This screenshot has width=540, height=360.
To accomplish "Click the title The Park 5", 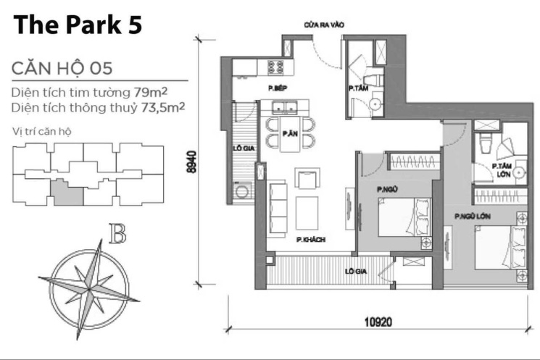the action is click(78, 25).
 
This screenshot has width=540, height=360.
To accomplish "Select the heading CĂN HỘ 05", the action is click(62, 68).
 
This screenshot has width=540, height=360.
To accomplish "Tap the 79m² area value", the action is click(151, 92).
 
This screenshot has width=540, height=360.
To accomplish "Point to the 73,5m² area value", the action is click(163, 107).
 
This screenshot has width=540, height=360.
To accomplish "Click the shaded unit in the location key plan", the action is click(67, 193).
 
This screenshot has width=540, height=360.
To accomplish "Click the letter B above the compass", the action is click(117, 233).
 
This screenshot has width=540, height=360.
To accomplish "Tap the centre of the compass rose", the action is click(90, 288).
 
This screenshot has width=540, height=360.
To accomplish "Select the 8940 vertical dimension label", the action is click(192, 162).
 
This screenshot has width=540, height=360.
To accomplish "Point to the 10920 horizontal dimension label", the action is click(378, 322).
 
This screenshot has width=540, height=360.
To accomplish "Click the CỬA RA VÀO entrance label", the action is click(324, 25).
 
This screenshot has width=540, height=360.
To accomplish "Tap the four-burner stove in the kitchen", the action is click(275, 67).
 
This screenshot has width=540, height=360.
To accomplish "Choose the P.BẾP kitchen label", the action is click(278, 88).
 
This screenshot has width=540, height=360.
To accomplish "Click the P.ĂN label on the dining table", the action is click(290, 133).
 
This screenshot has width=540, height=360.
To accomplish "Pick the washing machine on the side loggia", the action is click(241, 191).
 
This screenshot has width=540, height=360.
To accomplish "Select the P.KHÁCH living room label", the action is click(311, 240).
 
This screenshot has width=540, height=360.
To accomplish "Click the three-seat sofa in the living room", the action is click(278, 209).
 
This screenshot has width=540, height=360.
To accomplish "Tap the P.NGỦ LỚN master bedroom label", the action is click(473, 217).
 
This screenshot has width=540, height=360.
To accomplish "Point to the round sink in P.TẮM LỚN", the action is click(519, 172).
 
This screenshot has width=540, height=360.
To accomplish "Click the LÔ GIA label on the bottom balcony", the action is click(356, 272).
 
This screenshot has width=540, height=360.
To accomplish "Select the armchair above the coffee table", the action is click(307, 178).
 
